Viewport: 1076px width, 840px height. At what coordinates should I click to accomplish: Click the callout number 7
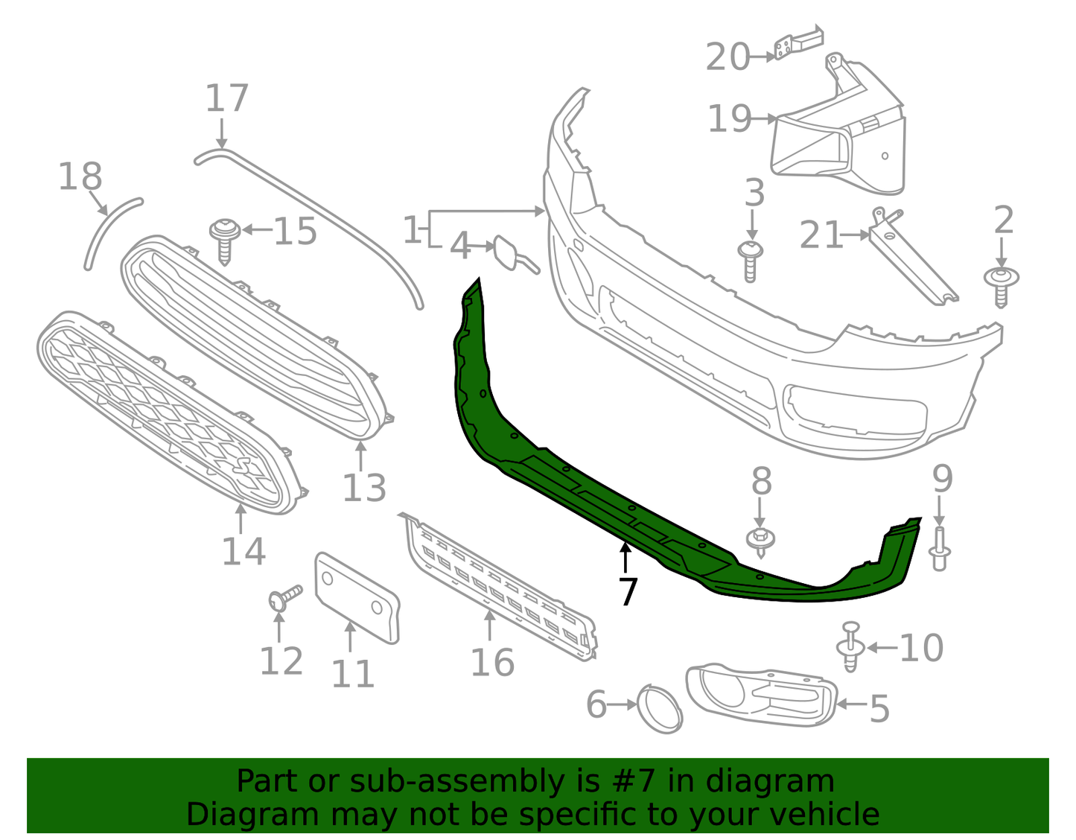[x=628, y=592]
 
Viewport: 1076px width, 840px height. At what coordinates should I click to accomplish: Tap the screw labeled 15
[x=224, y=238]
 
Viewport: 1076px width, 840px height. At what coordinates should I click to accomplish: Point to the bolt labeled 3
[x=751, y=261]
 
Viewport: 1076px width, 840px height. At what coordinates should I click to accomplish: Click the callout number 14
[x=243, y=552]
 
